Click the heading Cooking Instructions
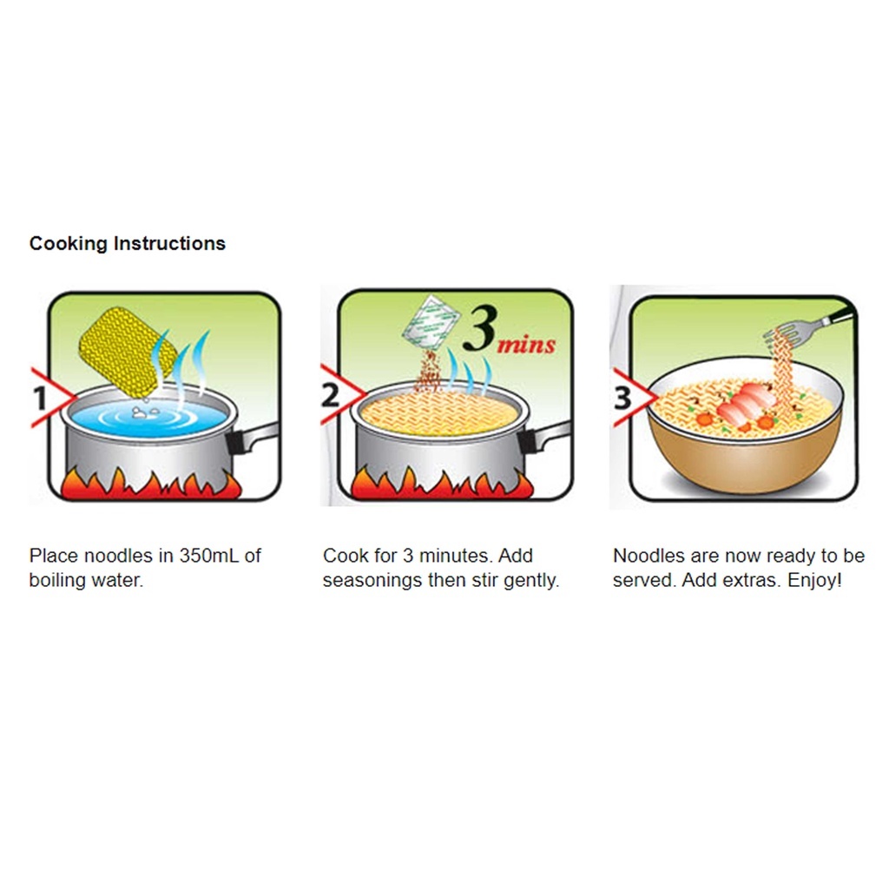[128, 244]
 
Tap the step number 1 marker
[40, 398]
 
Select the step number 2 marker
[330, 395]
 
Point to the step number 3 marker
[622, 398]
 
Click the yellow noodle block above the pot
[128, 352]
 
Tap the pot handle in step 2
[543, 437]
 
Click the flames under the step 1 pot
[151, 484]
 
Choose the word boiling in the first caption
[56, 581]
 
